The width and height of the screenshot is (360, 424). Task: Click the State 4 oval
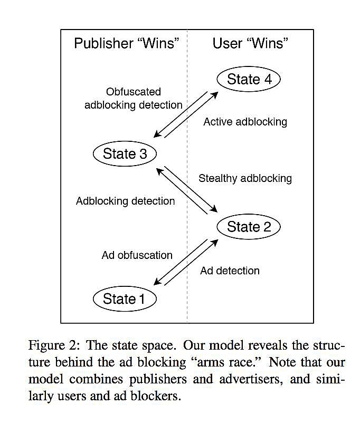[248, 80]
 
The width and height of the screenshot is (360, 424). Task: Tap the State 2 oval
[248, 227]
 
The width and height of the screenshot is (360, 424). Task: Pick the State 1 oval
[124, 299]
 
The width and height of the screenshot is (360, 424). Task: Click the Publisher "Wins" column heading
[124, 44]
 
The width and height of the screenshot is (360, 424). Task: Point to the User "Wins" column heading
[251, 44]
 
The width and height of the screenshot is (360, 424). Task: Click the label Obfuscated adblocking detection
[134, 98]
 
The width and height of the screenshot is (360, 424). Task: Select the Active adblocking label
[245, 122]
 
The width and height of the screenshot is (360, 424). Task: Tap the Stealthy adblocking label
[245, 178]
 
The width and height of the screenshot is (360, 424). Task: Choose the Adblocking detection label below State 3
[125, 201]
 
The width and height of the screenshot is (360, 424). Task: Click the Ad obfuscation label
[137, 255]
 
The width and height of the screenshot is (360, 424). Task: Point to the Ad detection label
[230, 271]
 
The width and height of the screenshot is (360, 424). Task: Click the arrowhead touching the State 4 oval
[216, 93]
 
